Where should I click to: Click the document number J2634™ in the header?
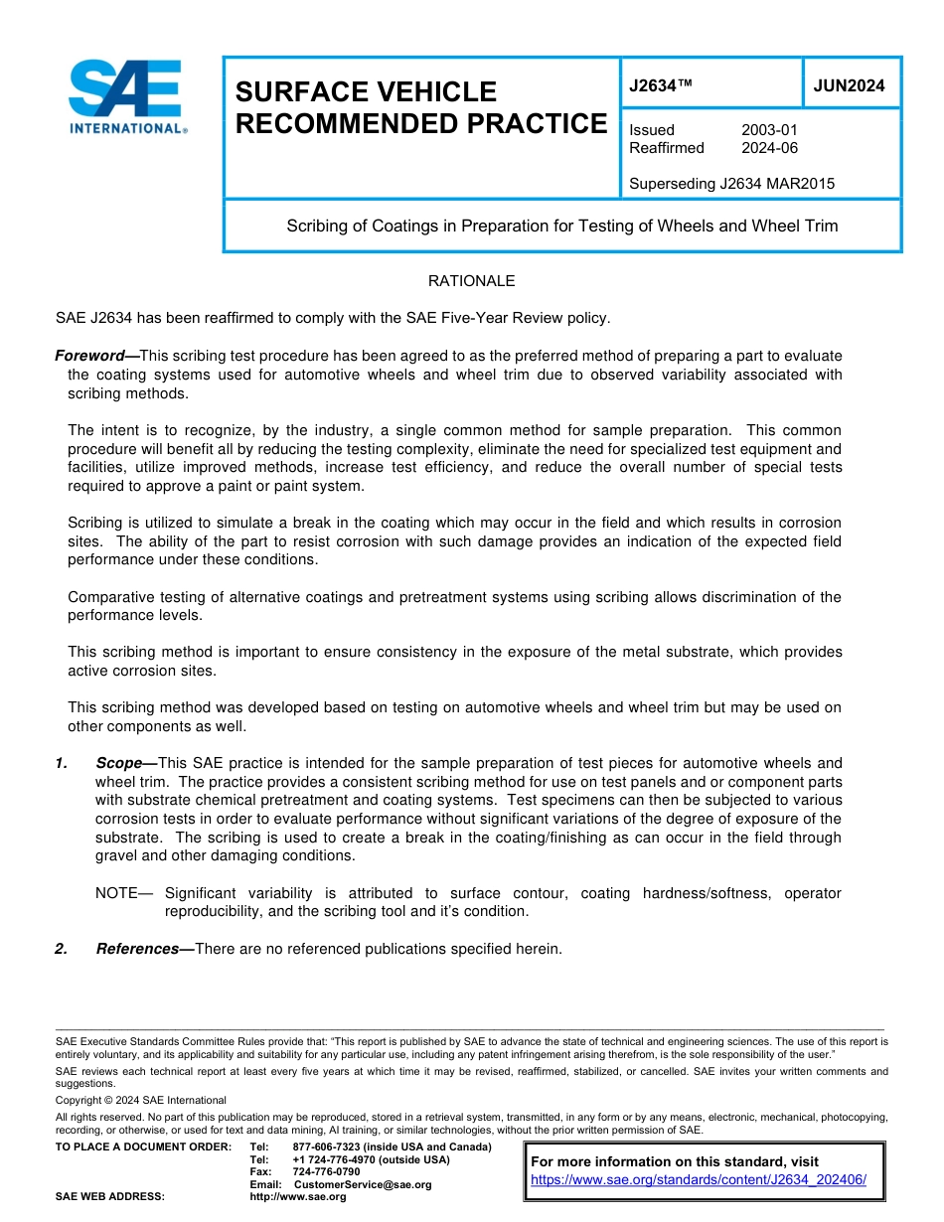coord(660,85)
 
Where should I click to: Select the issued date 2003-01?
coord(769,130)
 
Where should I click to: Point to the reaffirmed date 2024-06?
coord(769,148)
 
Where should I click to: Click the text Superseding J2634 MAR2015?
coord(731,184)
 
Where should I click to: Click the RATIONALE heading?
coord(471,281)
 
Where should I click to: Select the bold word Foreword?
coord(96,356)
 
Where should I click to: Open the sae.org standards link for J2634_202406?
coord(699,1180)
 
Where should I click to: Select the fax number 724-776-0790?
coord(326,1172)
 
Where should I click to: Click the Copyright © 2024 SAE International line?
coord(140,1100)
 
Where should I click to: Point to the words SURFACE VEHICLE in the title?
coord(366,92)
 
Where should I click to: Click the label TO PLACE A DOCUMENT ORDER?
coord(143,1147)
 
